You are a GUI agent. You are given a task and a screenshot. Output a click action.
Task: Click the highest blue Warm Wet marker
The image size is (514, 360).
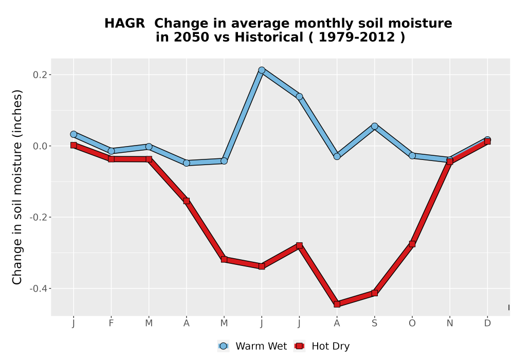(x=262, y=70)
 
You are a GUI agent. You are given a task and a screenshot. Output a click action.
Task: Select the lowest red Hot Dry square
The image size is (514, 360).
(x=337, y=304)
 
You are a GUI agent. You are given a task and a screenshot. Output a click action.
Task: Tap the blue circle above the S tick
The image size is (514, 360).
(x=375, y=126)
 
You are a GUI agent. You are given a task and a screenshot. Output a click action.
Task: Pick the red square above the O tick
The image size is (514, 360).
(x=412, y=244)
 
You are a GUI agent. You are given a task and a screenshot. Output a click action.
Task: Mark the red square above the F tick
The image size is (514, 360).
(x=111, y=159)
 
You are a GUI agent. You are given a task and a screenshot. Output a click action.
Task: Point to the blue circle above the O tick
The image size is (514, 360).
(x=412, y=155)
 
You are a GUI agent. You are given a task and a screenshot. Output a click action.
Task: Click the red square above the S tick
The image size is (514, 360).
(x=375, y=293)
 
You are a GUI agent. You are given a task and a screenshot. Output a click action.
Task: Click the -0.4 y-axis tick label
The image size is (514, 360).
(x=39, y=289)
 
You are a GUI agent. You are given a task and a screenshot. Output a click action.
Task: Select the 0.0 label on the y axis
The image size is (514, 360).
(x=40, y=146)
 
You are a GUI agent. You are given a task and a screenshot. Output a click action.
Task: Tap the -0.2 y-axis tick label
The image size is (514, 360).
(x=39, y=217)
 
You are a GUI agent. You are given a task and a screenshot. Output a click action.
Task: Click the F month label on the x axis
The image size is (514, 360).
(x=111, y=323)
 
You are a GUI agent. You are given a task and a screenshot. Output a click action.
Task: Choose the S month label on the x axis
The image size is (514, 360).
(x=375, y=323)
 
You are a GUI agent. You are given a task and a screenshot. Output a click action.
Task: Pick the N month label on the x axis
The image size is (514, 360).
(x=450, y=323)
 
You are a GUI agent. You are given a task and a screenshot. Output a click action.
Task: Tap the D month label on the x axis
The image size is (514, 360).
(x=487, y=323)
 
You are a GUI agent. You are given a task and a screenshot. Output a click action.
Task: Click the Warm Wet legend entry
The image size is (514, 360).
(x=252, y=346)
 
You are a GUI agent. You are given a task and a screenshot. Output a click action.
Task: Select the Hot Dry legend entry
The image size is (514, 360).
(x=322, y=346)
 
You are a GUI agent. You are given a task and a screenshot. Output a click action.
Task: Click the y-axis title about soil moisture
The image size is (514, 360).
(x=17, y=187)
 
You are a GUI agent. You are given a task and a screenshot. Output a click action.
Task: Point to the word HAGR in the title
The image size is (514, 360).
(x=124, y=23)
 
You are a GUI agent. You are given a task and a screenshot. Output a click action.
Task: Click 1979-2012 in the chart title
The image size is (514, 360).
(x=356, y=37)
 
